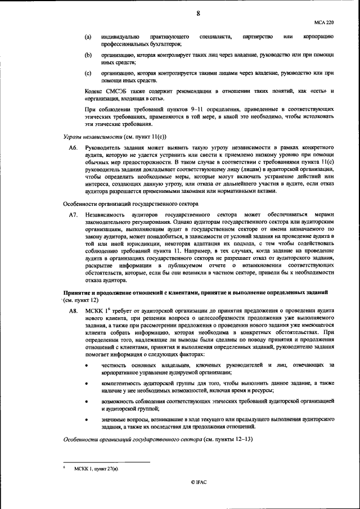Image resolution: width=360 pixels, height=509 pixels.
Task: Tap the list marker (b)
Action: [88, 56]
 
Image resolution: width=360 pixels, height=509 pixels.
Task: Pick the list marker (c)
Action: [88, 74]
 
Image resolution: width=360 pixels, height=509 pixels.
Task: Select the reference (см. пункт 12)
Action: [81, 300]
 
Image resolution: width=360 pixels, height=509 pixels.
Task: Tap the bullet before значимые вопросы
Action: [86, 420]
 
